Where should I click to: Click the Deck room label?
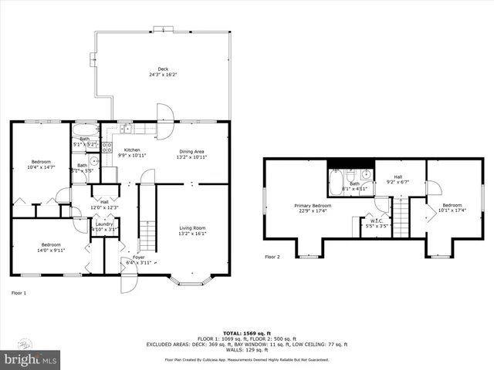click(164, 72)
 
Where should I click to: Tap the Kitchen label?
click(132, 153)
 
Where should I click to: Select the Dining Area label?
click(192, 154)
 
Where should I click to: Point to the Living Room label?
click(192, 230)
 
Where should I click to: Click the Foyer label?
click(138, 260)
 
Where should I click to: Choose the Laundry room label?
click(104, 227)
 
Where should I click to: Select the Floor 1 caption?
click(19, 293)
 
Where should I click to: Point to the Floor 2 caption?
click(272, 257)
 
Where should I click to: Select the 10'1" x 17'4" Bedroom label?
click(452, 208)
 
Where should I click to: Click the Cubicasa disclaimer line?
click(246, 360)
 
